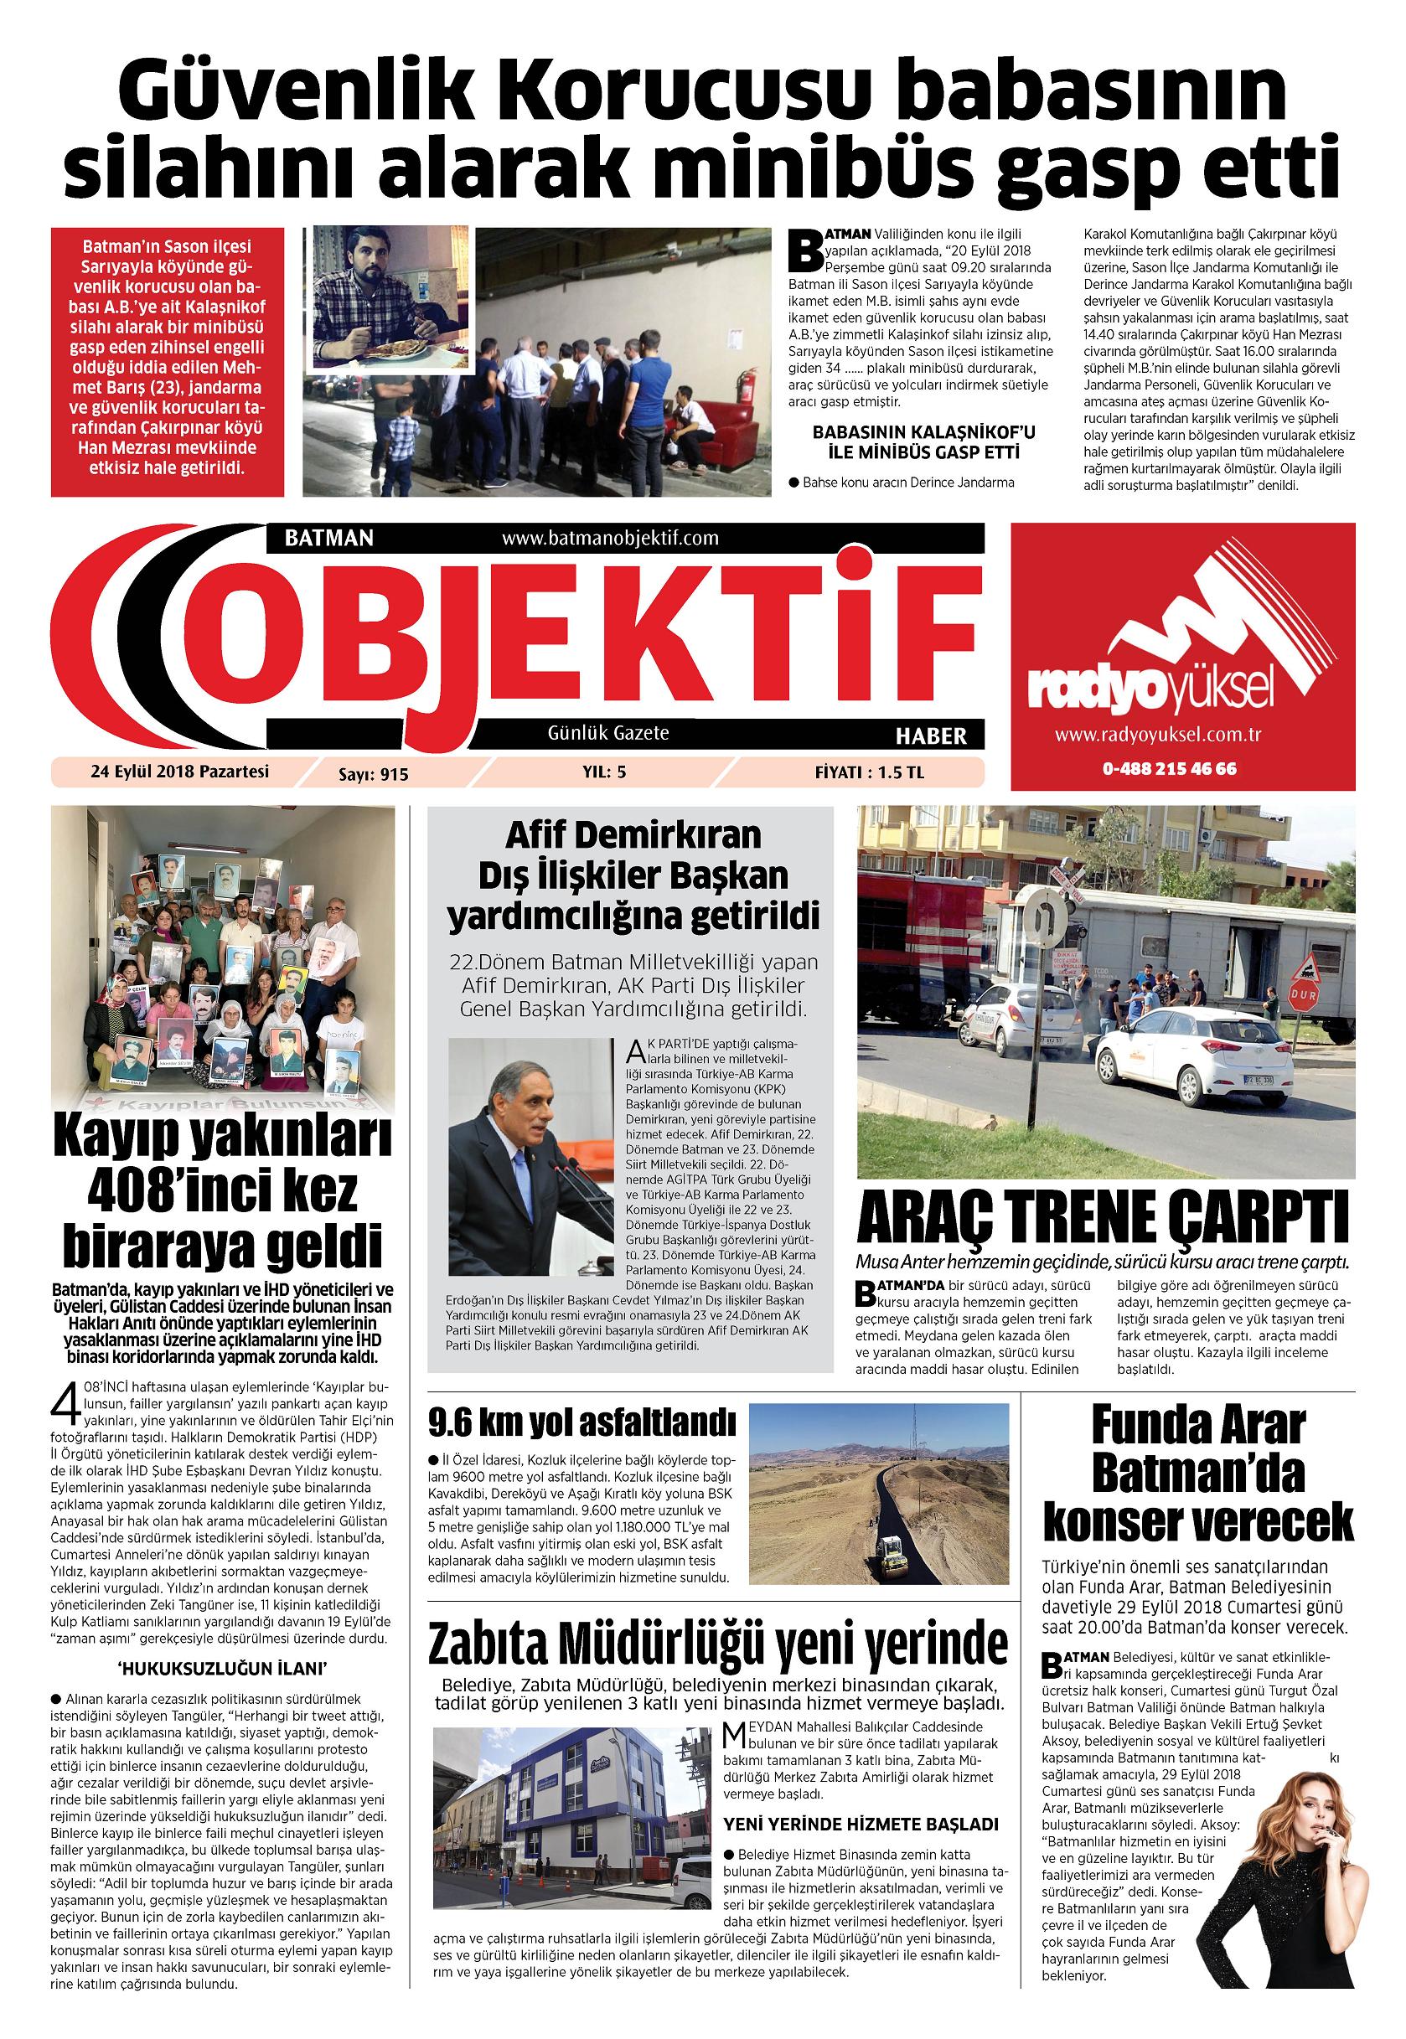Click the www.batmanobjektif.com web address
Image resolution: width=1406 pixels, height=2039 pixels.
tap(610, 537)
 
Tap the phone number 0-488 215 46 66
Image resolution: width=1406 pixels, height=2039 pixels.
tap(1168, 768)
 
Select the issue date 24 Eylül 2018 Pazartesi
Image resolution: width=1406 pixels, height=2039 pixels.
tap(178, 772)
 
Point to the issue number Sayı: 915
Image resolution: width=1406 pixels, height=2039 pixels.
tap(374, 774)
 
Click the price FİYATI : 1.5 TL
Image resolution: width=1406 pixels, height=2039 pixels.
tap(869, 772)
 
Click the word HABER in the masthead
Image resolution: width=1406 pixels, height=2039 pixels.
tap(930, 736)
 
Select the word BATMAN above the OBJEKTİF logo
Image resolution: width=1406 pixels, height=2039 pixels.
tap(329, 538)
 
